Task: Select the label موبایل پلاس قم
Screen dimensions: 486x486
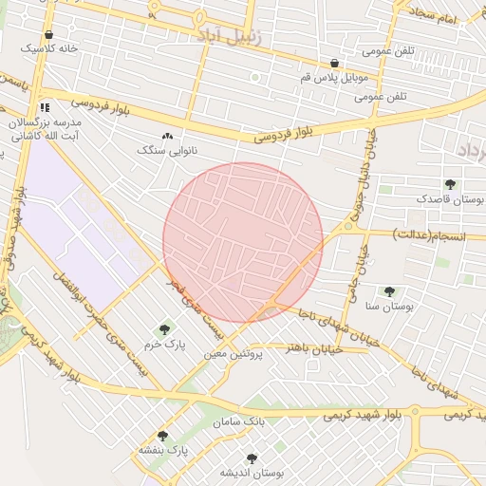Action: click(340, 75)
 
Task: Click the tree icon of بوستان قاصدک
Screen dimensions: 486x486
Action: click(450, 185)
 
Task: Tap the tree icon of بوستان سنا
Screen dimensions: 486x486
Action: click(389, 292)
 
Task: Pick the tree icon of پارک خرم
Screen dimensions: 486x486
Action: click(164, 329)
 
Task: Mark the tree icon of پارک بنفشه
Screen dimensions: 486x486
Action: click(162, 436)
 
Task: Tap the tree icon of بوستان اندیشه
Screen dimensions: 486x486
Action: click(252, 458)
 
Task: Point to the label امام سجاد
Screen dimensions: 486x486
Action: click(435, 19)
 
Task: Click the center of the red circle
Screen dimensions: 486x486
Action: click(243, 243)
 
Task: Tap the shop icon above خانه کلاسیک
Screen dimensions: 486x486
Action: click(48, 35)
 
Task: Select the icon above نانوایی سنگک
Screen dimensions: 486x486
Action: click(168, 137)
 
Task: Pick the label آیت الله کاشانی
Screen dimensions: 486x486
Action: click(44, 137)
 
